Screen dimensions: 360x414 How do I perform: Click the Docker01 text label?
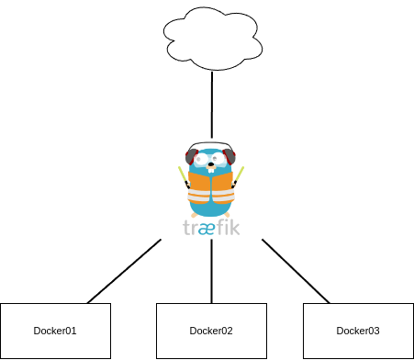pyautogui.click(x=55, y=332)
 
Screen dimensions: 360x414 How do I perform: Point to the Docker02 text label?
pyautogui.click(x=211, y=332)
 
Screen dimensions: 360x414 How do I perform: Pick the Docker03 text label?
pyautogui.click(x=358, y=332)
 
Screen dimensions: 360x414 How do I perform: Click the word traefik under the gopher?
pyautogui.click(x=211, y=227)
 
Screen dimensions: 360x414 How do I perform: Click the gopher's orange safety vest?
pyautogui.click(x=210, y=188)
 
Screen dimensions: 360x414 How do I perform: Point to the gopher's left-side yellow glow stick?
pyautogui.click(x=182, y=174)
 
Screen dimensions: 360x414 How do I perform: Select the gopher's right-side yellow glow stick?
pyautogui.click(x=241, y=174)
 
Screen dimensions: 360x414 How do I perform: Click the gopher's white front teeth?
pyautogui.click(x=211, y=171)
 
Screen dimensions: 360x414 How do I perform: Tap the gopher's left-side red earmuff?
pyautogui.click(x=190, y=157)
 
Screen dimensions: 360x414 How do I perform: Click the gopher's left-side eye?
pyautogui.click(x=202, y=159)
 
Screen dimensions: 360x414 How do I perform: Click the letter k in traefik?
pyautogui.click(x=235, y=226)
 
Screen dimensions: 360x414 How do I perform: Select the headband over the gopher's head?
pyautogui.click(x=210, y=144)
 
